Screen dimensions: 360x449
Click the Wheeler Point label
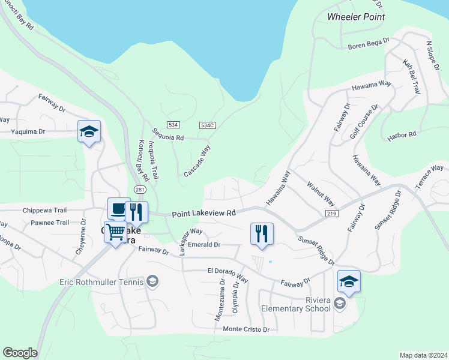[x=356, y=17]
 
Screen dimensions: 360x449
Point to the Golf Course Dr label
[x=364, y=122]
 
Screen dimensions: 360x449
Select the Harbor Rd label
[x=402, y=135]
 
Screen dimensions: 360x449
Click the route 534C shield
[x=208, y=125]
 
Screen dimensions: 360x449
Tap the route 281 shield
[x=140, y=190]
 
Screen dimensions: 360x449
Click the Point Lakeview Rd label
[x=203, y=213]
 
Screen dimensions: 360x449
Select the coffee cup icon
[x=118, y=209]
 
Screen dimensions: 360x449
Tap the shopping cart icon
[x=115, y=231]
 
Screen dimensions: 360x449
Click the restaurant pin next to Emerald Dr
[x=262, y=233]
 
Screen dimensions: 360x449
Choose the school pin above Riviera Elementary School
[x=349, y=281]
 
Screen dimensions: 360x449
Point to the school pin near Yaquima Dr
[x=89, y=131]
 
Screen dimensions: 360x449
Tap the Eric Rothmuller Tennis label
[x=102, y=281]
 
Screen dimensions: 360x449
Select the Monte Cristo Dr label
[x=246, y=329]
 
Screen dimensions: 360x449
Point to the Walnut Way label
[x=321, y=194]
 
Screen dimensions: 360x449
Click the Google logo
[x=20, y=353]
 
